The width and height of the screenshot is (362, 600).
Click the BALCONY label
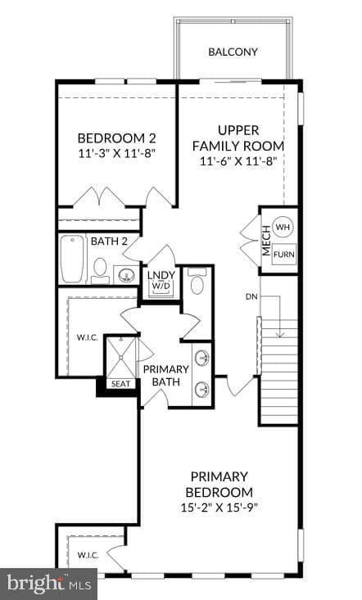pyautogui.click(x=233, y=52)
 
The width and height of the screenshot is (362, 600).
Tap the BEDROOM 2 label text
pyautogui.click(x=117, y=138)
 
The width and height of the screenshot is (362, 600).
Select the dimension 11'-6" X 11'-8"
pyautogui.click(x=238, y=161)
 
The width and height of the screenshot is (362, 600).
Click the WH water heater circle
pyautogui.click(x=283, y=227)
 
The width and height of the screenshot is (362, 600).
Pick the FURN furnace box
pyautogui.click(x=284, y=254)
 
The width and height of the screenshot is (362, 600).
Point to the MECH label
pyautogui.click(x=266, y=241)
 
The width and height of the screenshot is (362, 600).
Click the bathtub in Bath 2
pyautogui.click(x=72, y=259)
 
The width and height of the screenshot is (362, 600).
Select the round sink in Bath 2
pyautogui.click(x=125, y=275)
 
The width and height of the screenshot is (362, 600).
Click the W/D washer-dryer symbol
pyautogui.click(x=161, y=286)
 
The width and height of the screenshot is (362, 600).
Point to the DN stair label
pyautogui.click(x=251, y=296)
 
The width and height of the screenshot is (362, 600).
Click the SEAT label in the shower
pyautogui.click(x=120, y=384)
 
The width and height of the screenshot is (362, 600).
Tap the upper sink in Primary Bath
pyautogui.click(x=201, y=359)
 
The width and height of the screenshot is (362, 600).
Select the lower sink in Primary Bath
pyautogui.click(x=201, y=390)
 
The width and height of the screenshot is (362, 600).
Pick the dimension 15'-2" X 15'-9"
pyautogui.click(x=219, y=508)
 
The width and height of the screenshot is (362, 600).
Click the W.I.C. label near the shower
pyautogui.click(x=88, y=338)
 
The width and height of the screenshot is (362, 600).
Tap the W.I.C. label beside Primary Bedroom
pyautogui.click(x=88, y=555)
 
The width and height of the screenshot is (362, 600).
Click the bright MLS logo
pyautogui.click(x=48, y=584)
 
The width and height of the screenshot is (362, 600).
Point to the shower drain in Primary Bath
pyautogui.click(x=121, y=358)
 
